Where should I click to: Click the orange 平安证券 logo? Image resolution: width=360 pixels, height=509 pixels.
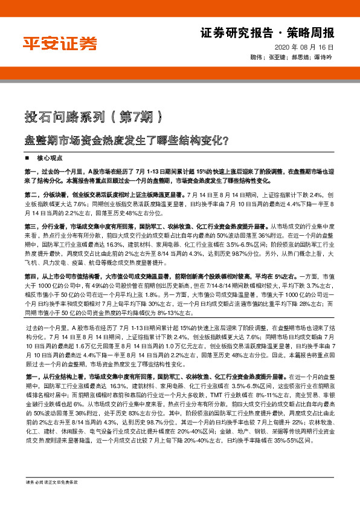point(60,44)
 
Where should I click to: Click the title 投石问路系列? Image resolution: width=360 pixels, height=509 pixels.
point(55,115)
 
